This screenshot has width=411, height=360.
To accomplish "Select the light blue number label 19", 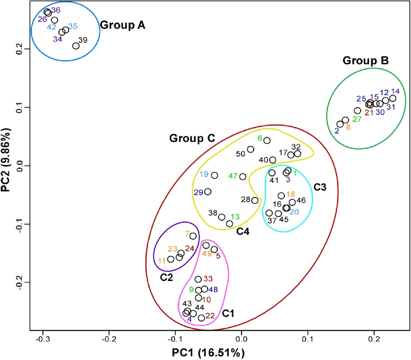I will [204, 174].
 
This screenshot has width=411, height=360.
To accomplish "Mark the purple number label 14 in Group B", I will [395, 92].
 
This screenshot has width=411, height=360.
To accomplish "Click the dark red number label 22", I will [210, 316].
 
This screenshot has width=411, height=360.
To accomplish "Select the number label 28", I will [246, 199].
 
